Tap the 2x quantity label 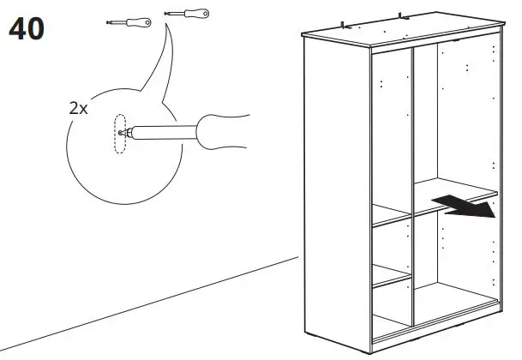pos(79,109)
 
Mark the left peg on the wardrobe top pos(343,25)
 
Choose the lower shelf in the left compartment pos(390,280)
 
